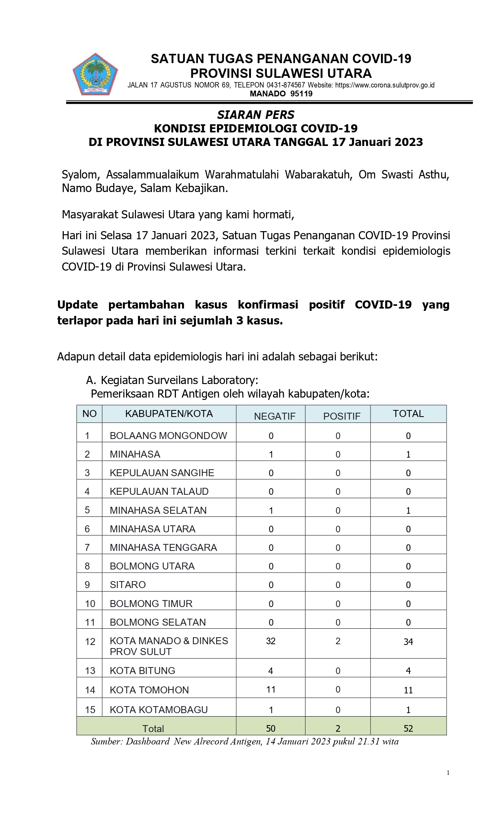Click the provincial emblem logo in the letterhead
pyautogui.click(x=95, y=75)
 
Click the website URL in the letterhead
pyautogui.click(x=385, y=85)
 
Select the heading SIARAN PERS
pyautogui.click(x=256, y=115)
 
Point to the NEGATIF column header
pyautogui.click(x=275, y=416)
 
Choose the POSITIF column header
pyautogui.click(x=342, y=416)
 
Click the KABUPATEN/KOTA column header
pyautogui.click(x=169, y=413)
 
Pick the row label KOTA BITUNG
pyautogui.click(x=142, y=671)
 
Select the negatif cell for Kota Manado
pyautogui.click(x=271, y=641)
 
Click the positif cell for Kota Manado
pyautogui.click(x=338, y=641)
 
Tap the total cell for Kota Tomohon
pyautogui.click(x=408, y=690)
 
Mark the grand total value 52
pyautogui.click(x=408, y=728)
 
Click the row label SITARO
pyautogui.click(x=128, y=585)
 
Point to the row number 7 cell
pyautogui.click(x=87, y=547)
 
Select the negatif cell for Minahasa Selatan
pyautogui.click(x=271, y=510)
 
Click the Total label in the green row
pyautogui.click(x=153, y=729)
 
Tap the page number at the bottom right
pyautogui.click(x=448, y=773)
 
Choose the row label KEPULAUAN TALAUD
pyautogui.click(x=159, y=491)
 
